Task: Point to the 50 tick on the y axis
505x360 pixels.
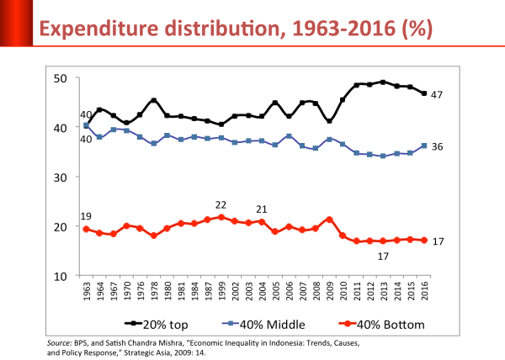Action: tap(61, 78)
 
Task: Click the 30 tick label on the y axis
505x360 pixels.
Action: tap(61, 177)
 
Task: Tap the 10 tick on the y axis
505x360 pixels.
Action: tap(61, 276)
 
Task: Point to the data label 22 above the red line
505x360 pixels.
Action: tap(221, 205)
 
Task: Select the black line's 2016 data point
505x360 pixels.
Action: tap(424, 93)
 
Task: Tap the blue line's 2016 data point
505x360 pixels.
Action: tap(424, 146)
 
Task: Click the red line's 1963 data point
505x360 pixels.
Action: tap(86, 229)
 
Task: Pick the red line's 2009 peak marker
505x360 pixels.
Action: tap(330, 220)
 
